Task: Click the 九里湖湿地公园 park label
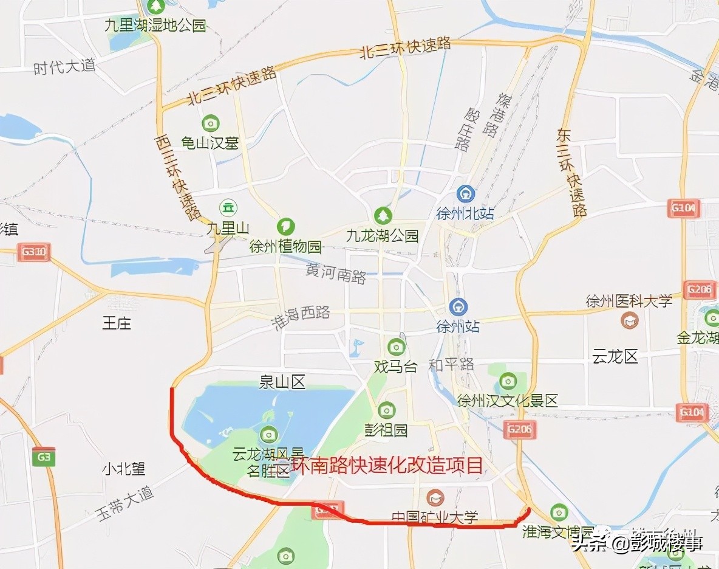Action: click(x=155, y=26)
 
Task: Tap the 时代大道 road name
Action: click(x=64, y=66)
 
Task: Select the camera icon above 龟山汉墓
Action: click(x=211, y=123)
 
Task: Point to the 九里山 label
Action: click(x=228, y=229)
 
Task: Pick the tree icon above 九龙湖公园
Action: click(x=383, y=215)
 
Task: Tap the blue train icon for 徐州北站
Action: click(x=466, y=194)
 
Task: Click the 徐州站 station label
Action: click(x=458, y=326)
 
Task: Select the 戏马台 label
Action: click(x=396, y=367)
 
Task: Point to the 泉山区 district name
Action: click(x=282, y=382)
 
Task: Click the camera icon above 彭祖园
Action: click(x=386, y=410)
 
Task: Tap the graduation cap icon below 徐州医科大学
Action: click(x=629, y=320)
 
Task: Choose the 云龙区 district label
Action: click(x=615, y=357)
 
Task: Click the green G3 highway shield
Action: click(x=44, y=456)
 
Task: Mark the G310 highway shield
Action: click(x=34, y=252)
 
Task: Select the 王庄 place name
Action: click(x=117, y=322)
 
